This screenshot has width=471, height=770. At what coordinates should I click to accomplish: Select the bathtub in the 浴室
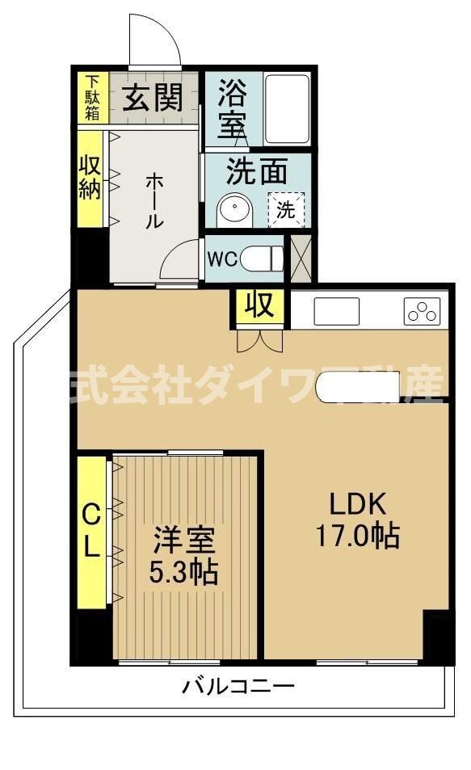click(x=287, y=109)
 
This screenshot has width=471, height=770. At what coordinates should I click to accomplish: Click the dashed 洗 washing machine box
click(x=287, y=209)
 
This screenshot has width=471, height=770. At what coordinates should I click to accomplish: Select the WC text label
click(x=222, y=259)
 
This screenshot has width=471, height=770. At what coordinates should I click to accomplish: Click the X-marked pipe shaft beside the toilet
click(x=301, y=259)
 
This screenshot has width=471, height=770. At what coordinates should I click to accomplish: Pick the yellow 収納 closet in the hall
click(x=90, y=179)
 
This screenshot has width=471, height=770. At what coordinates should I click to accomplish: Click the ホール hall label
click(x=153, y=202)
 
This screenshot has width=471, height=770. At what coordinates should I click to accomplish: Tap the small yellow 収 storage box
click(x=259, y=307)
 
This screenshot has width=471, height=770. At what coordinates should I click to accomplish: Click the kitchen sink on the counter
click(x=336, y=311)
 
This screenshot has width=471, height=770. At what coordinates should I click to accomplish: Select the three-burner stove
click(x=423, y=311)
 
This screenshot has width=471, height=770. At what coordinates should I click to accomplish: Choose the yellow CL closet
click(x=92, y=532)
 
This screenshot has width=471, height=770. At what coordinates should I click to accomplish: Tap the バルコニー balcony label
click(x=238, y=688)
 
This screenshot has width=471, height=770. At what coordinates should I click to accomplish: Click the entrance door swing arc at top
click(x=155, y=40)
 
